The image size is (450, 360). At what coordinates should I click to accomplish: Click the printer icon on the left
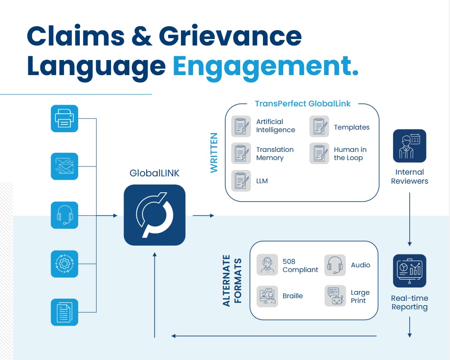(64, 118)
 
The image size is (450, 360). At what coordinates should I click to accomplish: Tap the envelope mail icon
(64, 166)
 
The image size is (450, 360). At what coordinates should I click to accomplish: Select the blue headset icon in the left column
(64, 215)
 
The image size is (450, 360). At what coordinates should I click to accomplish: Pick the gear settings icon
(64, 263)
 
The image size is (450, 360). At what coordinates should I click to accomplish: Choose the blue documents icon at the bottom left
(64, 312)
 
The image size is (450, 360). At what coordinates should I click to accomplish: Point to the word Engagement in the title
(265, 66)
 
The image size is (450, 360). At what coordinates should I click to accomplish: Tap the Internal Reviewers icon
(409, 146)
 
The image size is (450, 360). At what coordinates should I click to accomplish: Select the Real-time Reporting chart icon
(409, 271)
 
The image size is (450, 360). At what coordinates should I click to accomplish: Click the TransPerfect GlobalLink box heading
(302, 103)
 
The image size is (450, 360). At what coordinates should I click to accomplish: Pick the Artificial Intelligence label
(275, 126)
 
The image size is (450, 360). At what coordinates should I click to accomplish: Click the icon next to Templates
(319, 126)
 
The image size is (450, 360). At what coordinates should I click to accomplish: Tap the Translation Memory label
(275, 154)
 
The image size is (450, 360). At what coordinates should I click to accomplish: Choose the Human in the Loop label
(350, 154)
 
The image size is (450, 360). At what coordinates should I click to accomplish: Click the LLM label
(262, 181)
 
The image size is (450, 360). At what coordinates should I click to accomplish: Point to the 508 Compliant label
(300, 266)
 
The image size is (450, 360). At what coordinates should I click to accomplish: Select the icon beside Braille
(267, 296)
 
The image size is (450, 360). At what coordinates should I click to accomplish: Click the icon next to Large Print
(335, 296)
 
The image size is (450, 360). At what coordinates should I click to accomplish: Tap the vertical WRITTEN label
(214, 153)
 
